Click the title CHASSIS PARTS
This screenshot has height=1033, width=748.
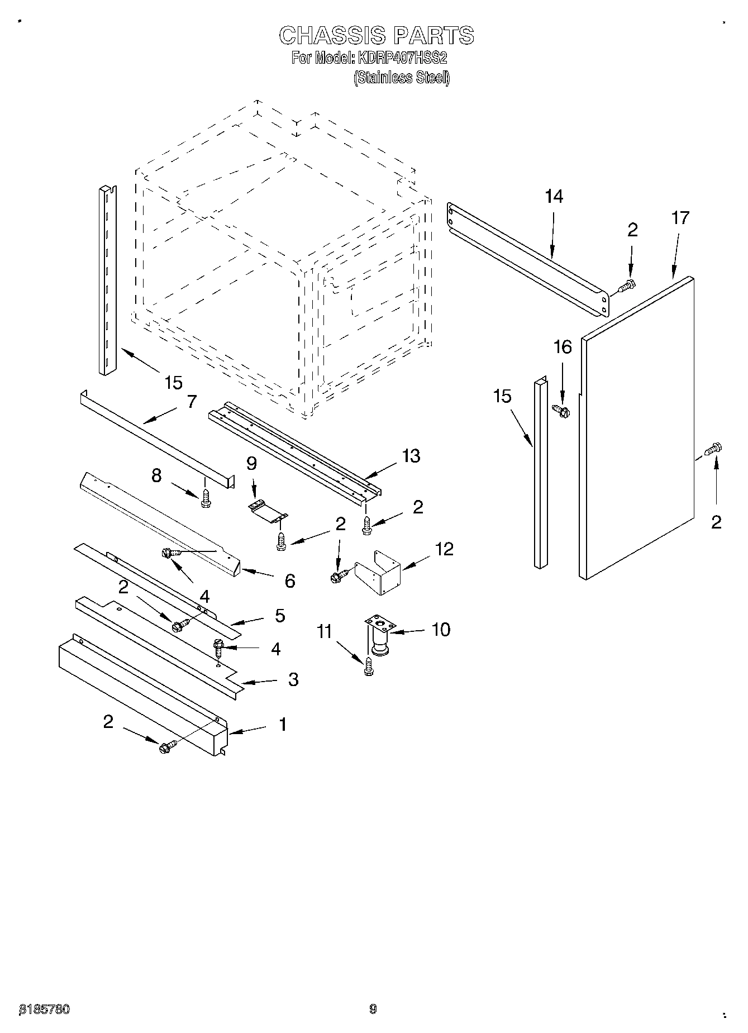pyautogui.click(x=376, y=35)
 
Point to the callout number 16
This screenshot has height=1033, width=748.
pyautogui.click(x=562, y=347)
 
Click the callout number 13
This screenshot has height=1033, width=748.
pyautogui.click(x=411, y=456)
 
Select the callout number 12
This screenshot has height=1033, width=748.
pyautogui.click(x=444, y=549)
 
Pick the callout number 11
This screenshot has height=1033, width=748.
pyautogui.click(x=325, y=632)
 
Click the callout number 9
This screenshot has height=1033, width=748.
pyautogui.click(x=251, y=464)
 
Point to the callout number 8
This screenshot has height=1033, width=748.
pyautogui.click(x=156, y=475)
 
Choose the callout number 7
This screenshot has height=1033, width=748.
pyautogui.click(x=191, y=401)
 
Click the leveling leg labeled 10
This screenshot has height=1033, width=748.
pyautogui.click(x=379, y=635)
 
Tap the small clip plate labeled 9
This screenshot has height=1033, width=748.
pyautogui.click(x=267, y=511)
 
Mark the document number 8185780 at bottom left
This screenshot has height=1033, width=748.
pyautogui.click(x=45, y=1009)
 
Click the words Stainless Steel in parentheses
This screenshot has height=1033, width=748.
pyautogui.click(x=401, y=78)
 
